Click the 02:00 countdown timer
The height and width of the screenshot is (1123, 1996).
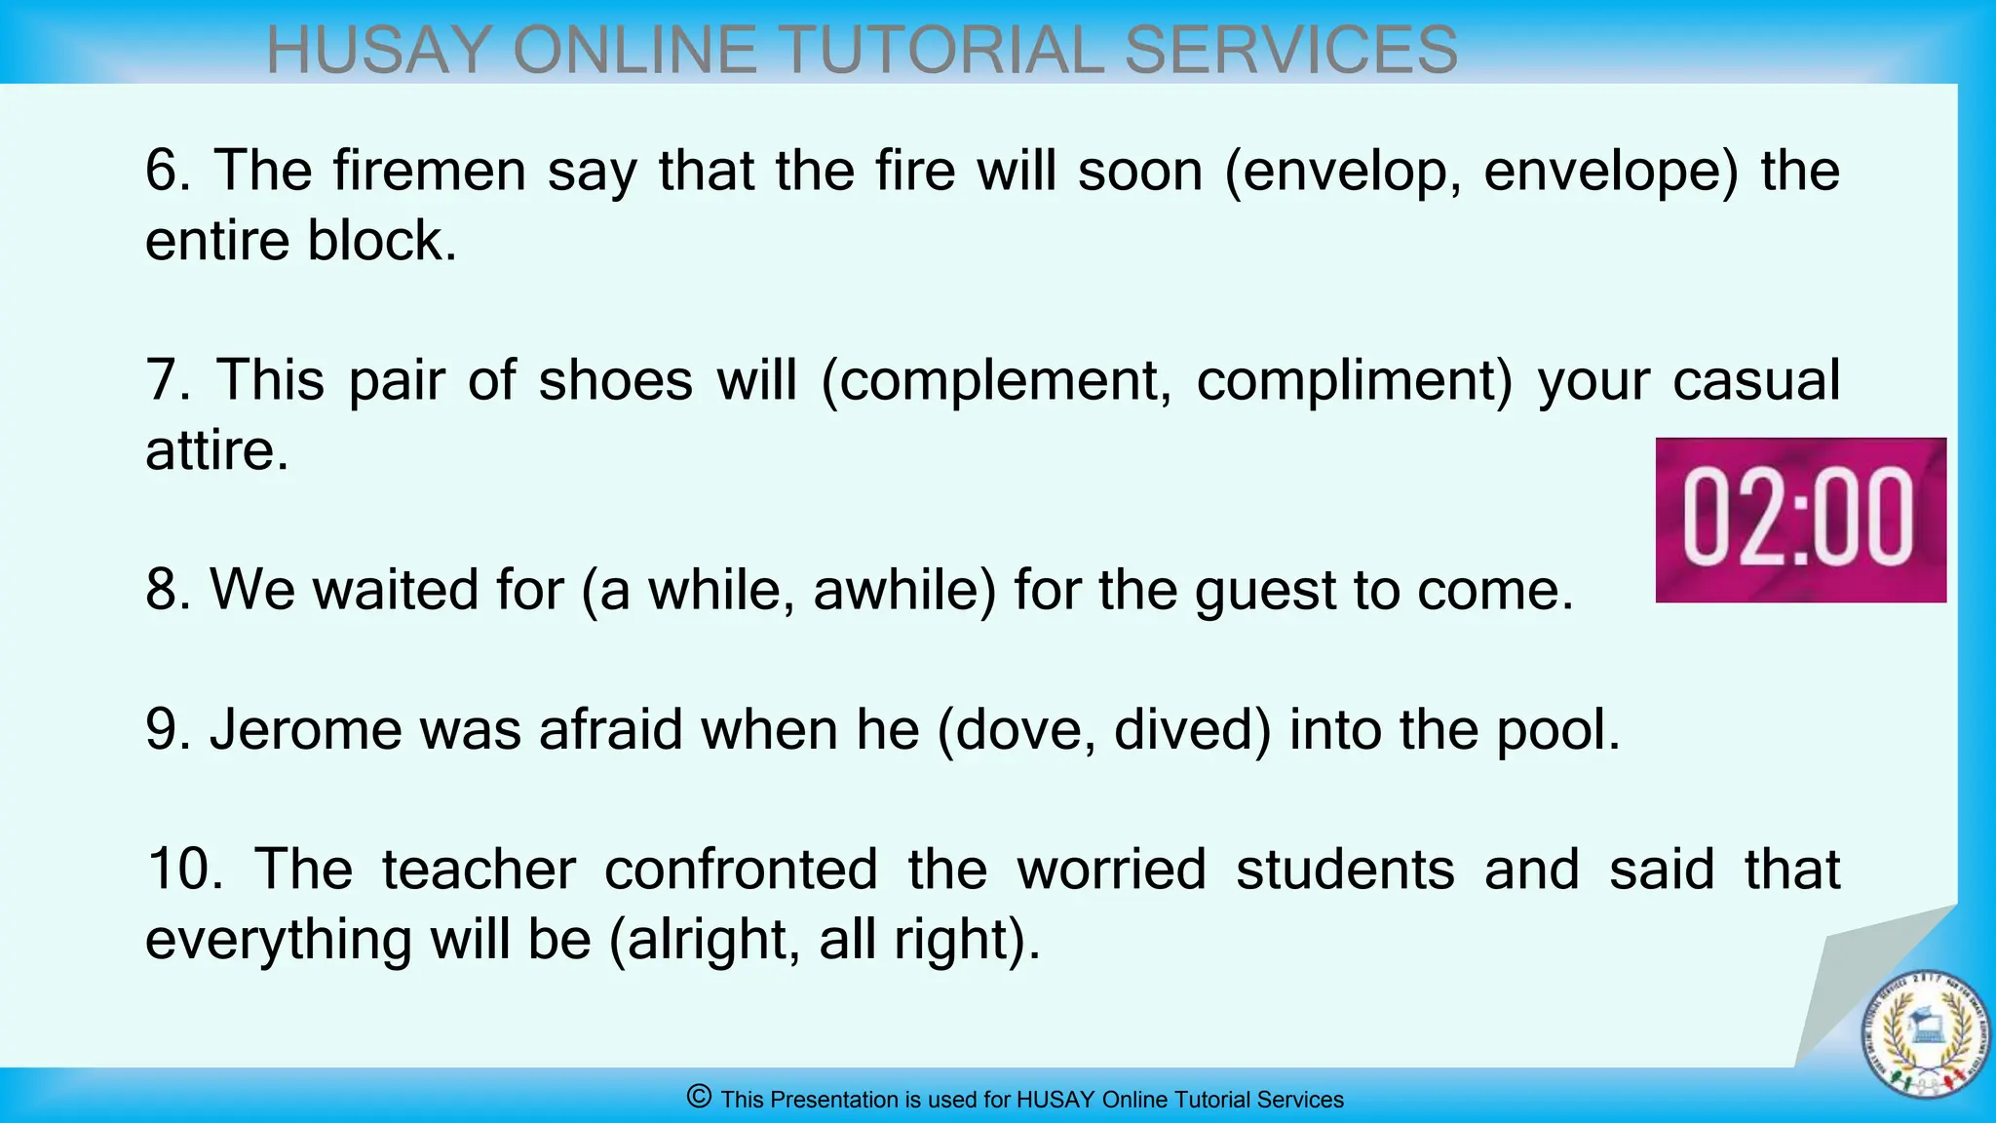click(x=1800, y=520)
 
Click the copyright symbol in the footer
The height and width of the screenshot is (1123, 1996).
click(x=699, y=1097)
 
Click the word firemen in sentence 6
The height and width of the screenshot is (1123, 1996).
click(x=429, y=171)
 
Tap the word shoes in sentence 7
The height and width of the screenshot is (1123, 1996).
click(x=615, y=380)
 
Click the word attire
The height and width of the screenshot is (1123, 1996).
click(x=216, y=450)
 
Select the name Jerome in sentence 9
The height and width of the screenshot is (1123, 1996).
click(x=305, y=729)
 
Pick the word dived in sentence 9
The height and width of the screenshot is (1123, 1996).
click(x=1191, y=730)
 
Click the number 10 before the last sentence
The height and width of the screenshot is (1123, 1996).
click(x=183, y=869)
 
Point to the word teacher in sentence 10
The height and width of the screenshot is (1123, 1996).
click(x=479, y=869)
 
